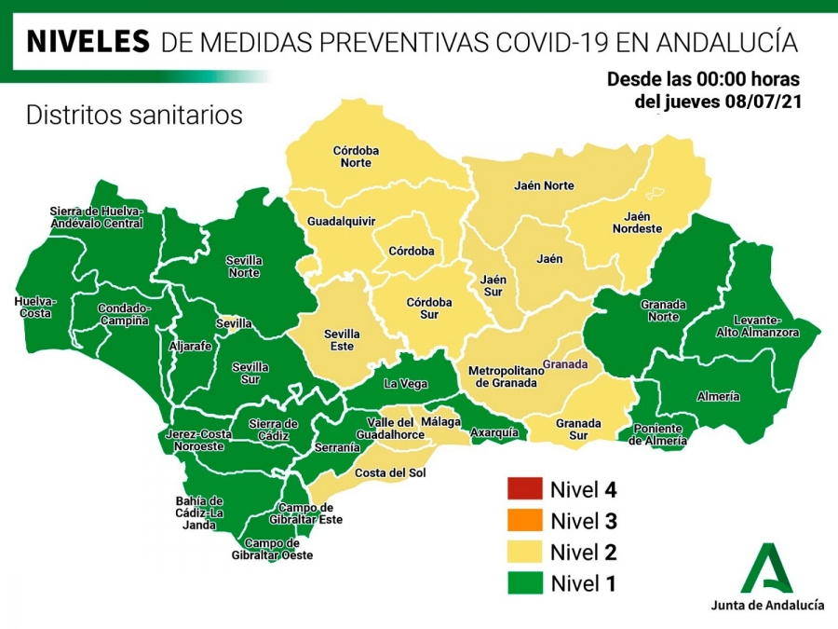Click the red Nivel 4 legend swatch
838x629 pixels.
click(522, 488)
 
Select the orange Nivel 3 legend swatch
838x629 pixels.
click(522, 520)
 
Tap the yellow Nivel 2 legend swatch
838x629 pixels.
click(522, 552)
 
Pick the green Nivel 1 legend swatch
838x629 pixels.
click(522, 583)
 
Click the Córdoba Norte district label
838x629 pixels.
click(356, 157)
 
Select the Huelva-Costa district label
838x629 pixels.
click(35, 308)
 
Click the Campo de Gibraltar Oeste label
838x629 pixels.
click(272, 549)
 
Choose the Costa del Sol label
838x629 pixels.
click(390, 473)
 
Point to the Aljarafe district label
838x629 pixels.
click(189, 346)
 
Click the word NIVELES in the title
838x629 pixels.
click(88, 41)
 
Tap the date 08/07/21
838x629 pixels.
click(761, 101)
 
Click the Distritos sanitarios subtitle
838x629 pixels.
click(134, 116)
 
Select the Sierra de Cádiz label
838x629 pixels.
click(273, 430)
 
